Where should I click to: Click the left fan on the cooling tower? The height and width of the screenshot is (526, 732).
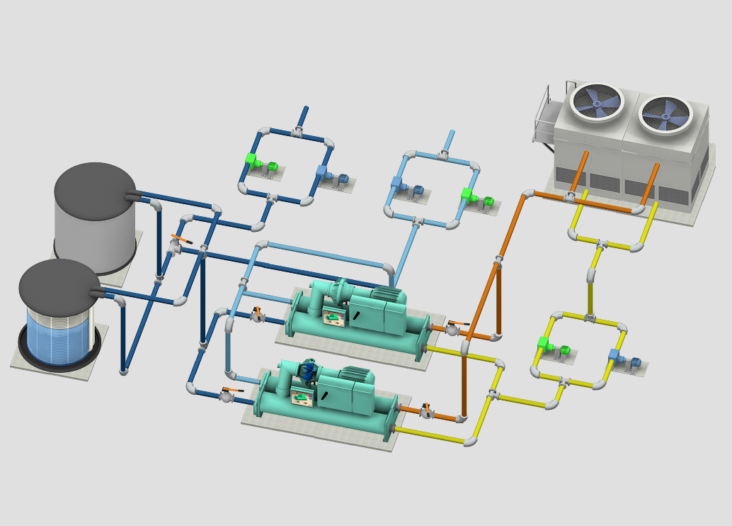pyautogui.click(x=597, y=103)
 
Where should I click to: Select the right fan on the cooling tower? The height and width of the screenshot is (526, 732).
pyautogui.click(x=665, y=113)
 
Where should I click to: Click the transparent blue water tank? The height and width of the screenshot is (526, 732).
pyautogui.click(x=59, y=333)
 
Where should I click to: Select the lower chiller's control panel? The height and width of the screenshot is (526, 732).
pyautogui.click(x=304, y=397)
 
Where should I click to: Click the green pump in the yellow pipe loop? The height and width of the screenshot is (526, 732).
pyautogui.click(x=545, y=345)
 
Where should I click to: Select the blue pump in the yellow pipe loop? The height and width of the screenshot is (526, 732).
pyautogui.click(x=616, y=357)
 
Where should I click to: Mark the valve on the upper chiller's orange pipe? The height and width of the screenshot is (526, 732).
pyautogui.click(x=452, y=329)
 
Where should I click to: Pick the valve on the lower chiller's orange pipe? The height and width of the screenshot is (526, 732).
pyautogui.click(x=426, y=410)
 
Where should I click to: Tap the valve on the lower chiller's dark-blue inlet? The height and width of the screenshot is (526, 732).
pyautogui.click(x=227, y=395)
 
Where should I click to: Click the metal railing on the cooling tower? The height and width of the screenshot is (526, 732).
pyautogui.click(x=543, y=116)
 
